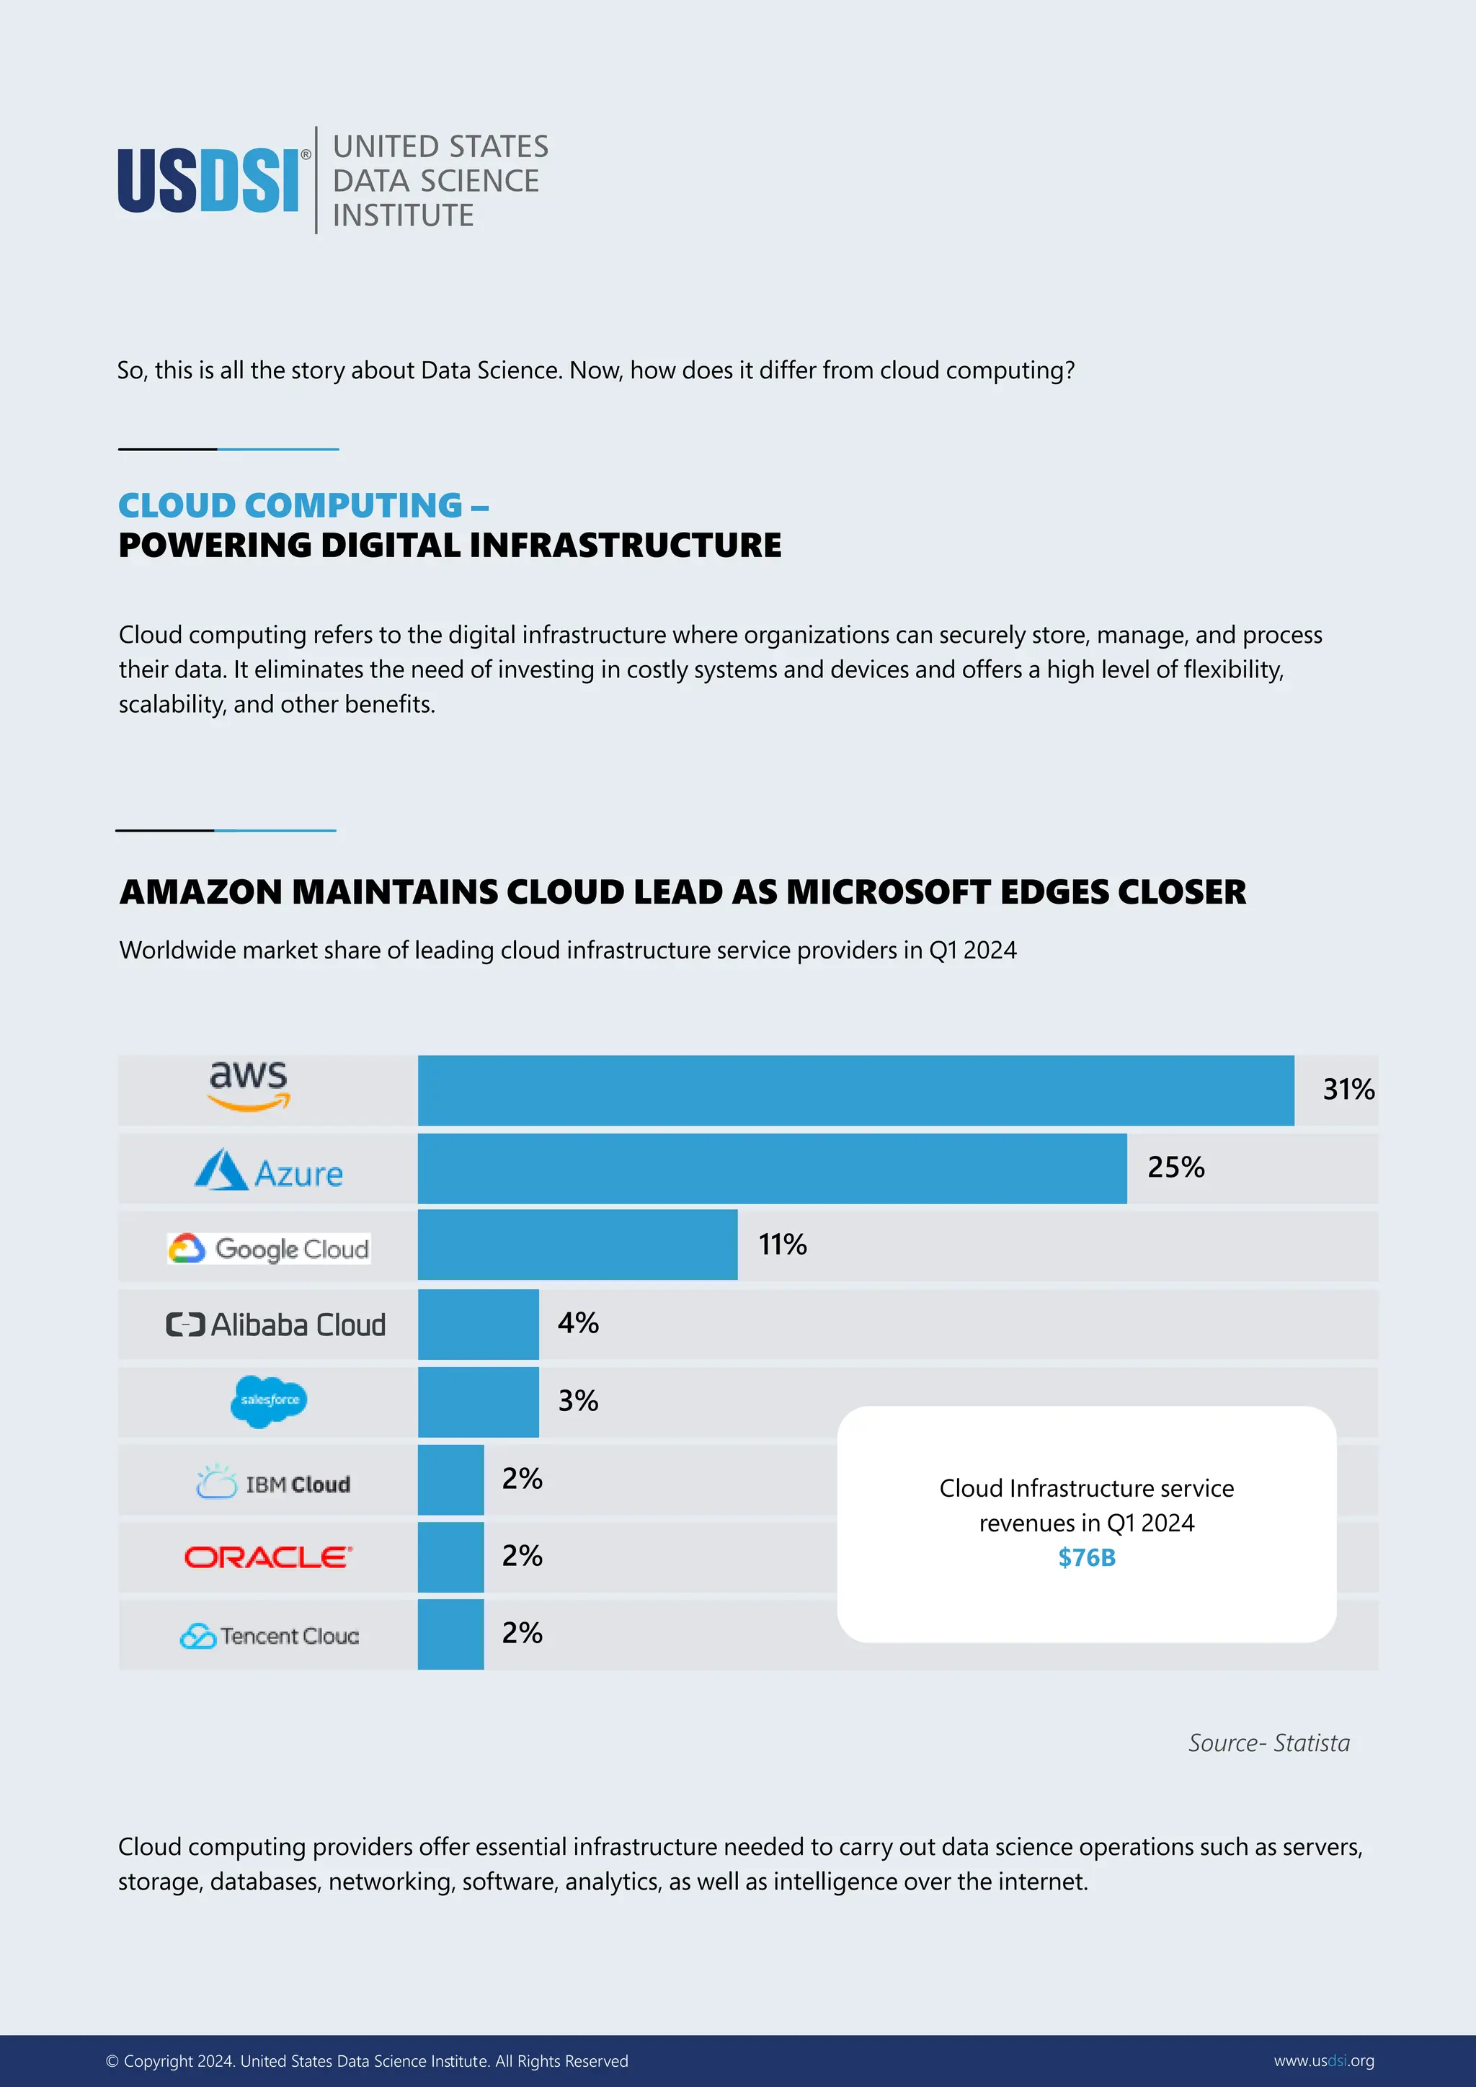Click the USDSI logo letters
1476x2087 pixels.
(208, 181)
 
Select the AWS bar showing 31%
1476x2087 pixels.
(855, 1090)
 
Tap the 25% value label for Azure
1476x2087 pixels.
(1175, 1167)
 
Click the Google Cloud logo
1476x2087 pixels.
(269, 1248)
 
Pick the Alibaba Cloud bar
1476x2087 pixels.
(478, 1325)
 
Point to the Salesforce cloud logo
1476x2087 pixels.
(269, 1401)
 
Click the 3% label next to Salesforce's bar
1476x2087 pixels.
(578, 1401)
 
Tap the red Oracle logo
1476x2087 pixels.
(268, 1557)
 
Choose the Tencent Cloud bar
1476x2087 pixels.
(450, 1634)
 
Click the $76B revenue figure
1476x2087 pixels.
(1086, 1557)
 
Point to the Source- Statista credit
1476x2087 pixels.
(1268, 1743)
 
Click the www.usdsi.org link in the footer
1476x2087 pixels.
(1323, 2060)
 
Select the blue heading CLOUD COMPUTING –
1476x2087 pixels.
(303, 505)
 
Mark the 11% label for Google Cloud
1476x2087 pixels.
(783, 1245)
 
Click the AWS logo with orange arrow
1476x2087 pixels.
(248, 1085)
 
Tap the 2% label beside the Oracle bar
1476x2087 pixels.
(522, 1556)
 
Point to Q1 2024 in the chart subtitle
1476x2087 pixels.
(972, 950)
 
